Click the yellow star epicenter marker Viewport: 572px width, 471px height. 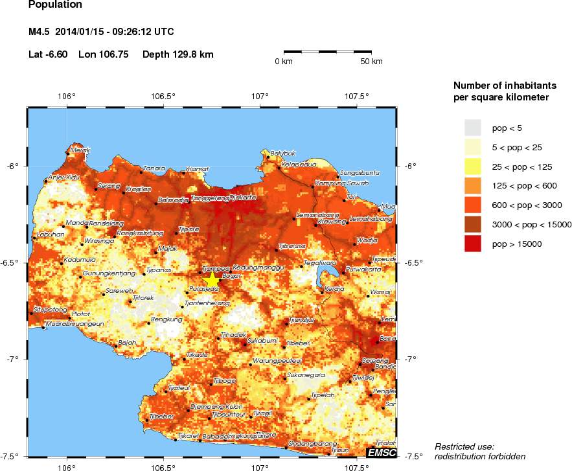pyautogui.click(x=212, y=279)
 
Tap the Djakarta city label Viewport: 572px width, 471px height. pyautogui.click(x=244, y=198)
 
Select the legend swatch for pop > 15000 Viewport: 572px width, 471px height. pyautogui.click(x=474, y=244)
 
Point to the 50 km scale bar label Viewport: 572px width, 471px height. pyautogui.click(x=372, y=62)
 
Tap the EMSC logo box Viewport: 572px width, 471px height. pyautogui.click(x=381, y=452)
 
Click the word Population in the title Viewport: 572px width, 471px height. pyautogui.click(x=55, y=5)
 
